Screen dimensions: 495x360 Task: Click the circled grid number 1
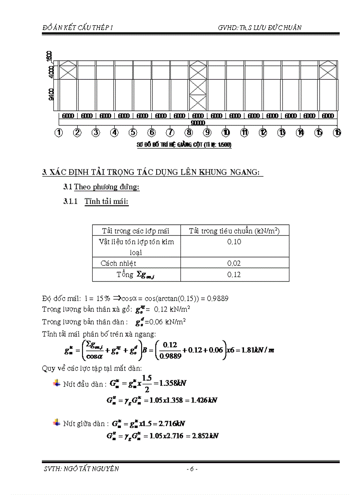click(59, 132)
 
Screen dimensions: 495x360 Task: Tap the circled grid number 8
click(189, 132)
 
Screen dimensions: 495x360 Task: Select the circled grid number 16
click(337, 132)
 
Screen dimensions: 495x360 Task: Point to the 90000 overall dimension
click(198, 123)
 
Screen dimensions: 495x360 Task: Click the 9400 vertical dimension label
click(52, 94)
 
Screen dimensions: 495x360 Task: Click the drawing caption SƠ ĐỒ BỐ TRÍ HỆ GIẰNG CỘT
click(185, 145)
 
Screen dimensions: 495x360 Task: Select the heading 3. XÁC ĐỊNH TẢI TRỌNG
click(152, 172)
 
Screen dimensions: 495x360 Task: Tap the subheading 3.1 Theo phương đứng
click(101, 187)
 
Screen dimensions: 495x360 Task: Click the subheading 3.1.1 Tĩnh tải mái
click(96, 201)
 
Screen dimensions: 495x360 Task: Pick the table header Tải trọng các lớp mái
click(135, 231)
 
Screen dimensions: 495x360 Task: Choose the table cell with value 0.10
click(234, 242)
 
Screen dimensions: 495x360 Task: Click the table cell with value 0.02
click(234, 263)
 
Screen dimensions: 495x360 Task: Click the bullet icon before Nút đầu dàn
click(56, 383)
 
